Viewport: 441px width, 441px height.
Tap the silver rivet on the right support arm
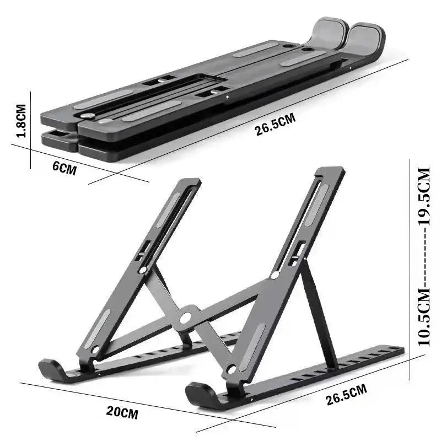click(x=275, y=275)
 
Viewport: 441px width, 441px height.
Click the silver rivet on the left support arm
click(x=143, y=270)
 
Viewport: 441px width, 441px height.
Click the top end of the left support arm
click(x=190, y=182)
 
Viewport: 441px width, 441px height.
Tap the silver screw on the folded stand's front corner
click(x=87, y=116)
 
